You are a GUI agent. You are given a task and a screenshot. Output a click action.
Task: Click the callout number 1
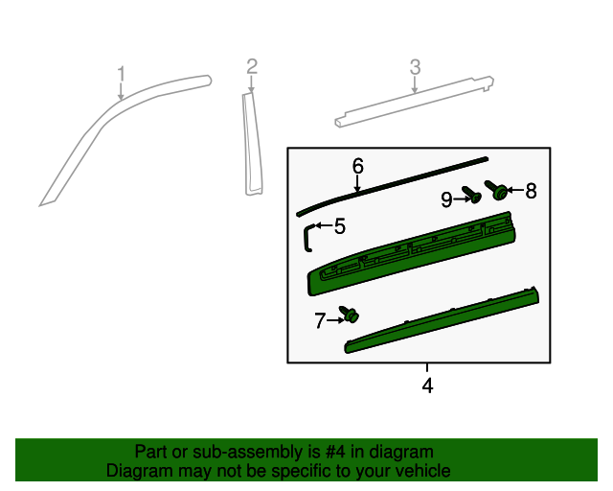(x=122, y=74)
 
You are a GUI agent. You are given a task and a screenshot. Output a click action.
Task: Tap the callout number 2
(x=252, y=66)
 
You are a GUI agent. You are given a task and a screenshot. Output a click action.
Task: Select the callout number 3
(x=415, y=67)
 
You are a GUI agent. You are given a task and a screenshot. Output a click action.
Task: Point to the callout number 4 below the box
(x=427, y=386)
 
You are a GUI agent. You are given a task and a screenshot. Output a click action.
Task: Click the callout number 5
(x=339, y=226)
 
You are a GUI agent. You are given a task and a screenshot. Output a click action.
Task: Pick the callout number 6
(x=357, y=166)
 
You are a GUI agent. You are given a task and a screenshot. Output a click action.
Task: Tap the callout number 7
(x=320, y=321)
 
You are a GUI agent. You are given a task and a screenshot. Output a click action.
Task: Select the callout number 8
(x=530, y=191)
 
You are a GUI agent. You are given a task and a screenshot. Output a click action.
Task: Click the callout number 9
(x=447, y=199)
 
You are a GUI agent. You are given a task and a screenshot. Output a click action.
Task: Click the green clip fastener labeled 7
(x=352, y=315)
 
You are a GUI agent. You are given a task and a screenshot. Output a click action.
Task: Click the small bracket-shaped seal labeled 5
(x=307, y=235)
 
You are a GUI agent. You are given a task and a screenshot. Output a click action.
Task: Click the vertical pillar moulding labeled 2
(x=253, y=144)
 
